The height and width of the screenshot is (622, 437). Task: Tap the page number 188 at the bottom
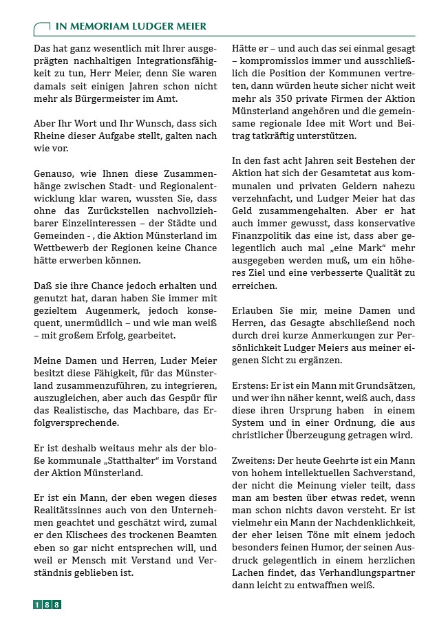(47, 605)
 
